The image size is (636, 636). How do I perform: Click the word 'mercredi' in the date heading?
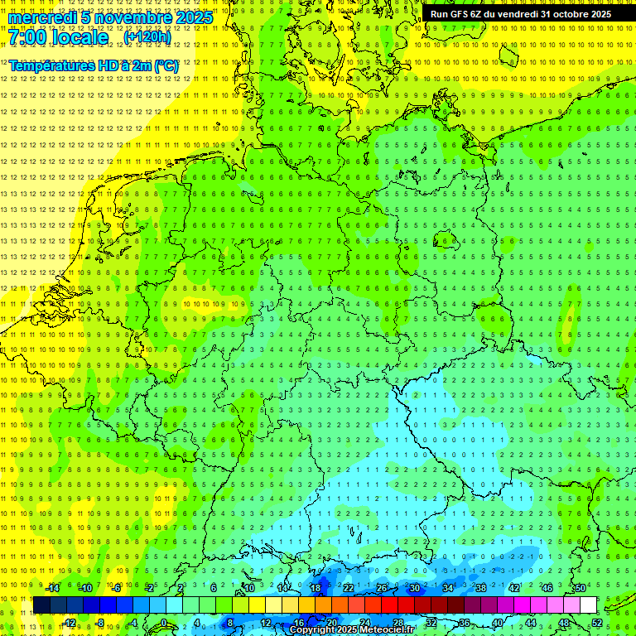pos(41,17)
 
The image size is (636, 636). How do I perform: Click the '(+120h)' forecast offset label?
pos(147,37)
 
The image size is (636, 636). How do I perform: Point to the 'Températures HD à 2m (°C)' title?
pos(94,65)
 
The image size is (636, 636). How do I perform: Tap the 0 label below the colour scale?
pos(163,623)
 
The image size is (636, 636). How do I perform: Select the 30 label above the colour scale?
pos(415,588)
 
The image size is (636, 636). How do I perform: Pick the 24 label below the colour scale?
pos(365,623)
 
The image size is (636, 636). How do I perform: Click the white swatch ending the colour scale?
pos(588,605)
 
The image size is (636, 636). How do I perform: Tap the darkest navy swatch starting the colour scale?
pos(41,605)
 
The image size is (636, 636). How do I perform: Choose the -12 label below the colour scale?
pos(69,623)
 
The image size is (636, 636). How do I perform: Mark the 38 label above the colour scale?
pos(481,588)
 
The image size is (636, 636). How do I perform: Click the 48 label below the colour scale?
pos(564,623)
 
